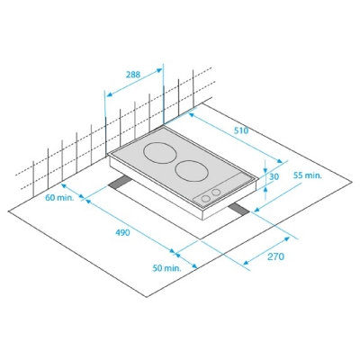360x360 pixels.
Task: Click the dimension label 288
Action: pyautogui.click(x=133, y=75)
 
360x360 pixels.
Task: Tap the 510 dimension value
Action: pyautogui.click(x=241, y=130)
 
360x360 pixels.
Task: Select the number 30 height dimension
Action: pyautogui.click(x=274, y=177)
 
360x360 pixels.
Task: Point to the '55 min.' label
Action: pyautogui.click(x=307, y=175)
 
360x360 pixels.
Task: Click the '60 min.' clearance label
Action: pyautogui.click(x=59, y=197)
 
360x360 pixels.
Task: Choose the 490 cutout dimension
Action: pyautogui.click(x=122, y=232)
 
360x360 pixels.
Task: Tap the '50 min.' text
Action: pyautogui.click(x=167, y=268)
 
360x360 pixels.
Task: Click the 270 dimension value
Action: pyautogui.click(x=275, y=256)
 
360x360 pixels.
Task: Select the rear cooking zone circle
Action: pyautogui.click(x=159, y=152)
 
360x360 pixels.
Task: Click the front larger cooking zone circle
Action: pyautogui.click(x=192, y=171)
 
